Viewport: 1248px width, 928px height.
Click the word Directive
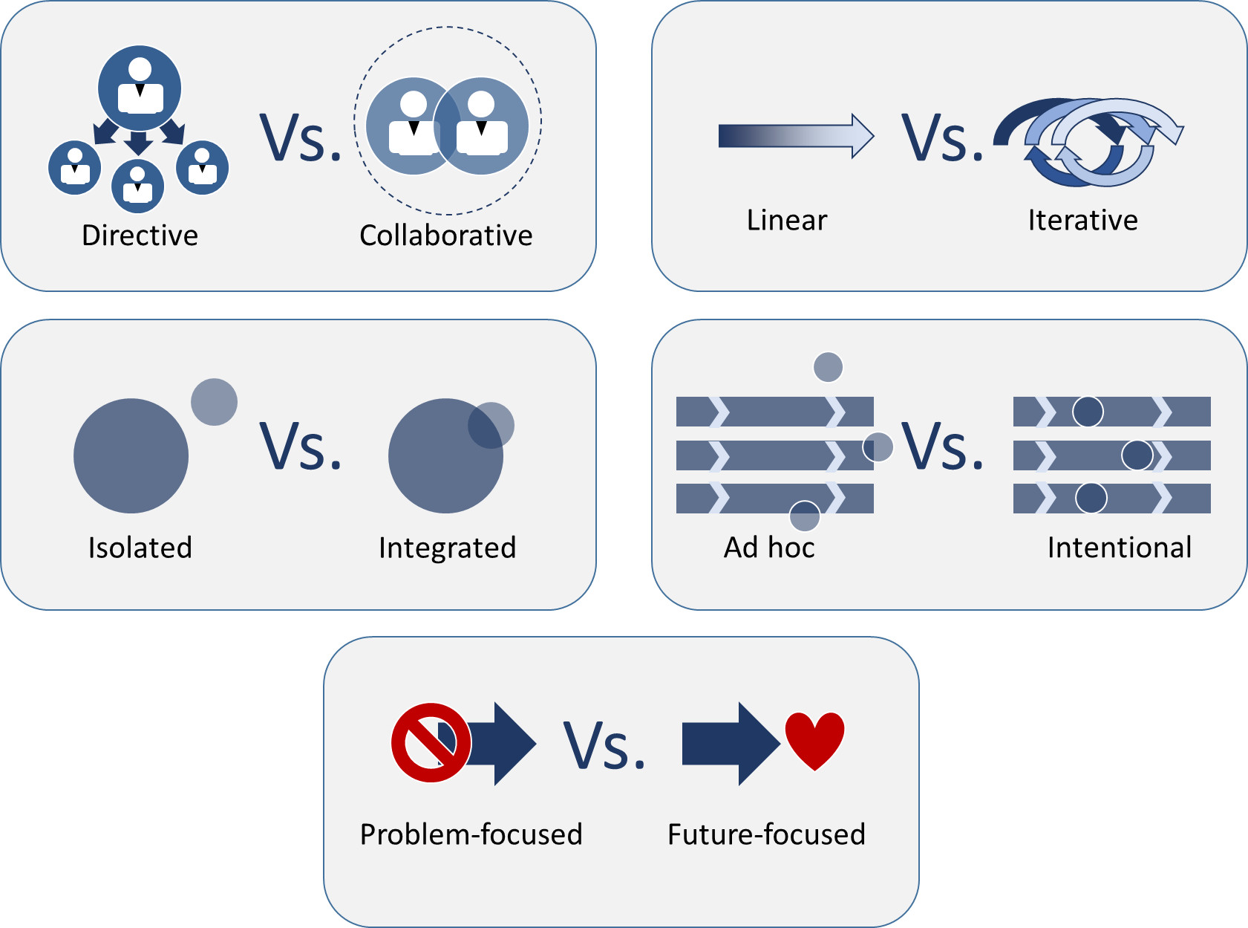pos(140,236)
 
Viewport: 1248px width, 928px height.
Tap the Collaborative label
pos(445,236)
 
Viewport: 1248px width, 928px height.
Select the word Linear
pos(786,220)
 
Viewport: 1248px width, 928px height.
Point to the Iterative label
pos(1082,220)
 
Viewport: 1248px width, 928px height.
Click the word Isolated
pos(140,548)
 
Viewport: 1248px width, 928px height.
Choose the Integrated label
pos(447,548)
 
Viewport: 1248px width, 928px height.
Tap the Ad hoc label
pos(769,548)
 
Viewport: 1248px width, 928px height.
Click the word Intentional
pos(1119,548)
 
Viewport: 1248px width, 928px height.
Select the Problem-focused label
pos(471,834)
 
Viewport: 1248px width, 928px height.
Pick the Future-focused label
pos(766,834)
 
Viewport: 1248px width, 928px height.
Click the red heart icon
pos(814,739)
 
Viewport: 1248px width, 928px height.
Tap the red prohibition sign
pos(431,742)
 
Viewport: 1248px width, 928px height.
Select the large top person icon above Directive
pos(140,88)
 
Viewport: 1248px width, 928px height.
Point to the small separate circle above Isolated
pos(214,402)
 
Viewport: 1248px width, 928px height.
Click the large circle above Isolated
pos(131,455)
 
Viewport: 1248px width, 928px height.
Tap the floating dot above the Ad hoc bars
pos(828,366)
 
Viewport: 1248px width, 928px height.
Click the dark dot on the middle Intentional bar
pos(1137,455)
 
